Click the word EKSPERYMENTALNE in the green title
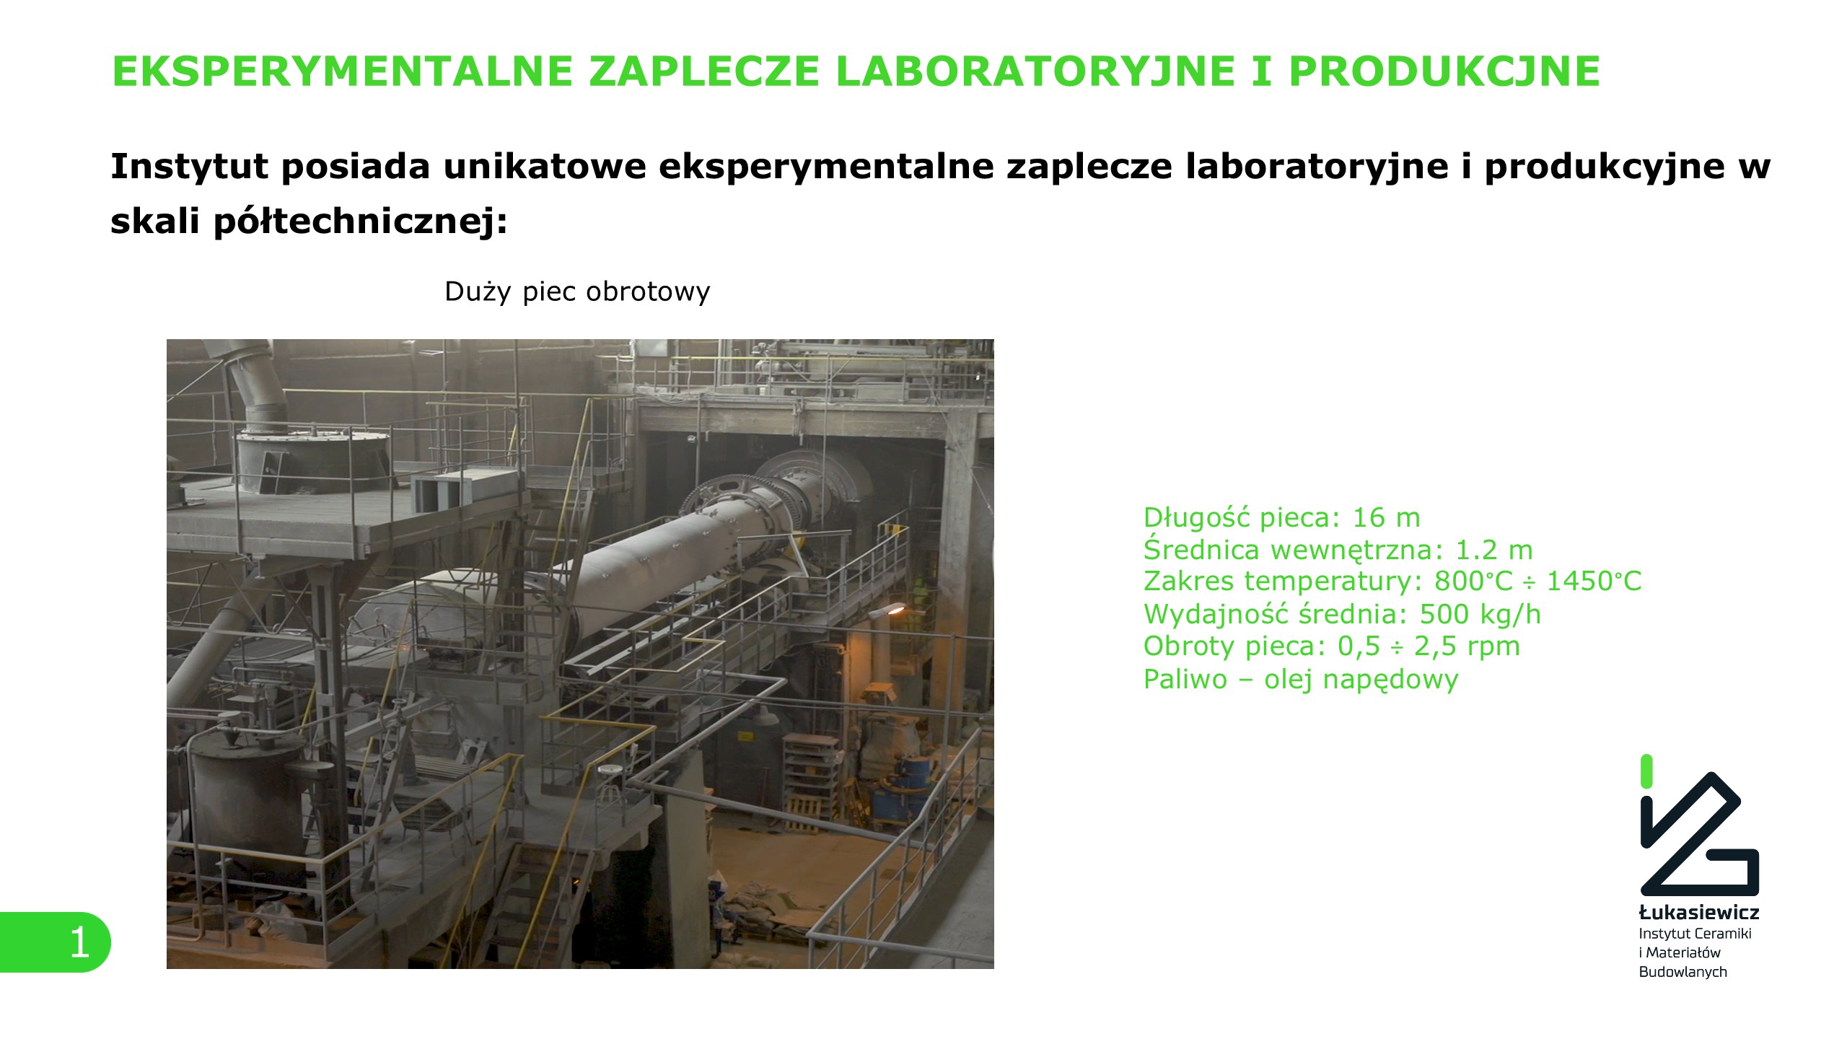(x=343, y=71)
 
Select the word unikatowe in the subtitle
(x=545, y=167)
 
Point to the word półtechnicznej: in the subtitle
(x=361, y=221)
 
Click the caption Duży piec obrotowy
(x=577, y=291)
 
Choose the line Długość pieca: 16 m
(x=1282, y=517)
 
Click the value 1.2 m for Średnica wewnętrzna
(x=1493, y=550)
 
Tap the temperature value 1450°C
(x=1594, y=581)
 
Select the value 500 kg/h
(x=1480, y=614)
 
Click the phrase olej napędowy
(x=1361, y=680)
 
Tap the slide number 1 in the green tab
(x=79, y=942)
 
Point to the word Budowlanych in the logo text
(x=1683, y=972)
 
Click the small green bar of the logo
(x=1646, y=771)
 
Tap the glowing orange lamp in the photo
(x=895, y=610)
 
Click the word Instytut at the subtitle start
(x=190, y=167)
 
